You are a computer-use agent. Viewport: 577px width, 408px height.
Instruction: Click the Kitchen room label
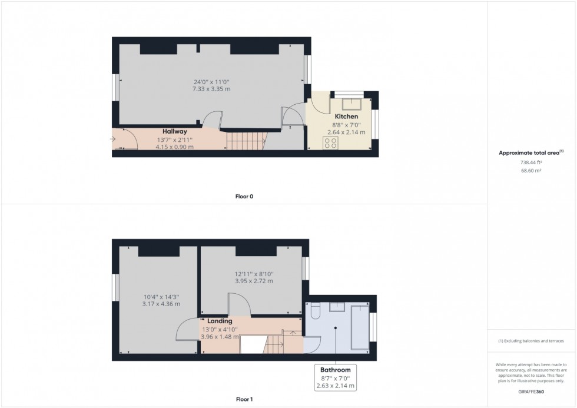point(346,117)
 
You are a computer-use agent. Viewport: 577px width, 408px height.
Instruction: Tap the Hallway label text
point(175,131)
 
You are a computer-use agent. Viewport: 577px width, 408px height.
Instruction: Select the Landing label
point(220,321)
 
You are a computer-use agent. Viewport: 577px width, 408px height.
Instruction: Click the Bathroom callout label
point(335,370)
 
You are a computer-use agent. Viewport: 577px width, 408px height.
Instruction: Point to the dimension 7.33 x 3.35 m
point(211,89)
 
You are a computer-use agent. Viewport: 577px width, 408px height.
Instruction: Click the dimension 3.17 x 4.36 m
point(161,304)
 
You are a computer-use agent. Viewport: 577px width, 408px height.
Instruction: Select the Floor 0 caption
point(244,197)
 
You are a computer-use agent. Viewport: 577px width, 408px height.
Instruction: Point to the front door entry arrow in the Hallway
point(112,139)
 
